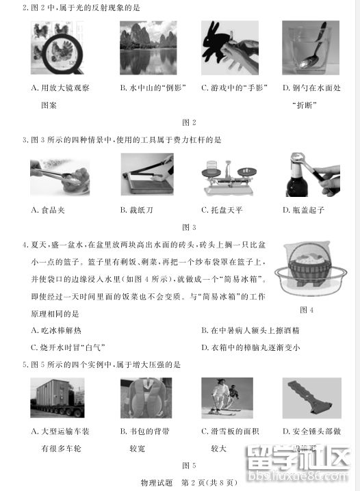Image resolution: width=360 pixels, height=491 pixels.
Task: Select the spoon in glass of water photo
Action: (x=311, y=49)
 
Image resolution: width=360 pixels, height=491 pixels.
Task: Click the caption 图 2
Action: (x=190, y=122)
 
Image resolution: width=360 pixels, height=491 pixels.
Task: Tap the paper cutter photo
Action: (x=146, y=174)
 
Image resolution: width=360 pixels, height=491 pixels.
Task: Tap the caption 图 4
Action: (x=307, y=310)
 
